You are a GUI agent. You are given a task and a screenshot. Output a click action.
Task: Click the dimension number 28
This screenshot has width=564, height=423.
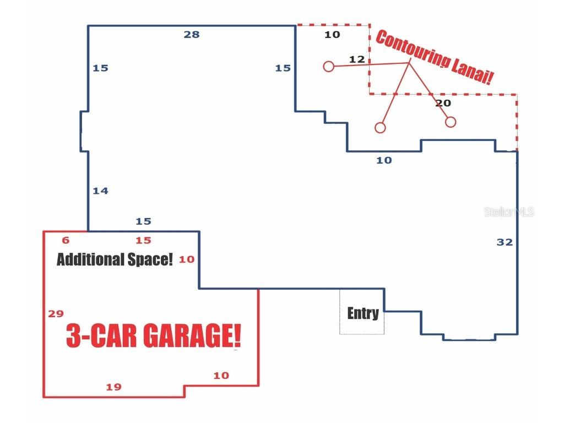point(192,35)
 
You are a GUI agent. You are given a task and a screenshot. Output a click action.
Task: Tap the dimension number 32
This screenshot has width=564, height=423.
point(505,242)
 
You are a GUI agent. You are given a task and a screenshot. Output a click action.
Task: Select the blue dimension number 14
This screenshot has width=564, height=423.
point(100,191)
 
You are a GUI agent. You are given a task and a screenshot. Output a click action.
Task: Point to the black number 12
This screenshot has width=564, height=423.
point(357,59)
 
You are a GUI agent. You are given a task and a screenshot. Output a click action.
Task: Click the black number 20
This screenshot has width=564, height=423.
point(443,103)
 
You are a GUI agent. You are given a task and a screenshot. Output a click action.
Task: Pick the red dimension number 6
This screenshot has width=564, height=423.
point(66,240)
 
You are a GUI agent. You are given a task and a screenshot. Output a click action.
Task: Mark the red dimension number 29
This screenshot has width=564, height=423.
point(56,314)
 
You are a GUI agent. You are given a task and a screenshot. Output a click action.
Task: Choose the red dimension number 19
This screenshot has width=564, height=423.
point(113,387)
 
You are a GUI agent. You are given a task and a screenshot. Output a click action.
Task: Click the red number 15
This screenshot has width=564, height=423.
point(143,240)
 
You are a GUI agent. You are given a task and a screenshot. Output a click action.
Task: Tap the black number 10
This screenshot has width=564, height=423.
point(332,35)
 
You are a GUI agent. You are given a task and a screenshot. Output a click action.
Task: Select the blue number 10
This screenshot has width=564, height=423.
point(384,160)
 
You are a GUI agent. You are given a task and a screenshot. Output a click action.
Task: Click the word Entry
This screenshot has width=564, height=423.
point(362,313)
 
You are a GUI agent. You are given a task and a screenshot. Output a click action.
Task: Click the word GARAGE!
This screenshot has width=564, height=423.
point(191,335)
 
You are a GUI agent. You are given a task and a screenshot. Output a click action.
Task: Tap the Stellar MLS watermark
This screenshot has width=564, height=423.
point(509,212)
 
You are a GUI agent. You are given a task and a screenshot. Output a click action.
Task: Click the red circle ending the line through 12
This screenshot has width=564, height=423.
point(328,67)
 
